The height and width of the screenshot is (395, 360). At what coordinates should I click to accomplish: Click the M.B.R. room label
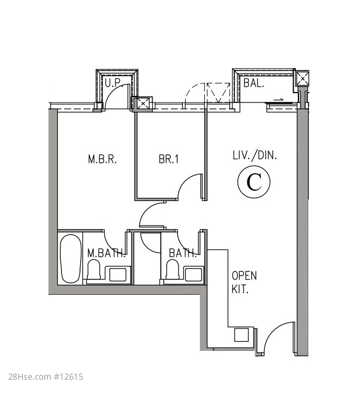point(102,159)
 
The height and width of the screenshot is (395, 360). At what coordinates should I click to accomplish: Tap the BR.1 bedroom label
point(169,159)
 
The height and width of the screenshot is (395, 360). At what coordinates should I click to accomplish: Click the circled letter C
point(254,182)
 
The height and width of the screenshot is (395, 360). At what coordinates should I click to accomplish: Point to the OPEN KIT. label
point(244,282)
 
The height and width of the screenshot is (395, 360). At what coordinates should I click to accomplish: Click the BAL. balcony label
point(254,83)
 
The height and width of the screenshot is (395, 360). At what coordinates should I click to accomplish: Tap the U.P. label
point(113,83)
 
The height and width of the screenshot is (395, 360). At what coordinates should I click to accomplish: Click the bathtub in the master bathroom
point(71,259)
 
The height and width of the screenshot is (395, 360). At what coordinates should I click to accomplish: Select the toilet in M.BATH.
point(94,270)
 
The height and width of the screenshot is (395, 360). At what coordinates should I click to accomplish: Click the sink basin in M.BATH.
point(118,275)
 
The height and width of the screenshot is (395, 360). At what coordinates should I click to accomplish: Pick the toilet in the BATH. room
point(173,270)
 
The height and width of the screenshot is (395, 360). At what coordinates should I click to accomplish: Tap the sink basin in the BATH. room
point(193,275)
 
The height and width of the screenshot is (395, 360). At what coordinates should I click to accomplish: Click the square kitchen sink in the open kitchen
point(241,335)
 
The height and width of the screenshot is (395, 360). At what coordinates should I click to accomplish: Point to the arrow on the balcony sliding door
point(279,100)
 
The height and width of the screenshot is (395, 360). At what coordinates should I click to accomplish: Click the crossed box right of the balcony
point(302,79)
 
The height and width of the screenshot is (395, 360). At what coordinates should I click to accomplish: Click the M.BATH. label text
point(107,253)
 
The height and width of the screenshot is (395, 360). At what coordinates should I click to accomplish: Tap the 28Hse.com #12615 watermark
point(46,377)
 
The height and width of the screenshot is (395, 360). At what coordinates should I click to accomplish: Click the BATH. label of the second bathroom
point(182,253)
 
